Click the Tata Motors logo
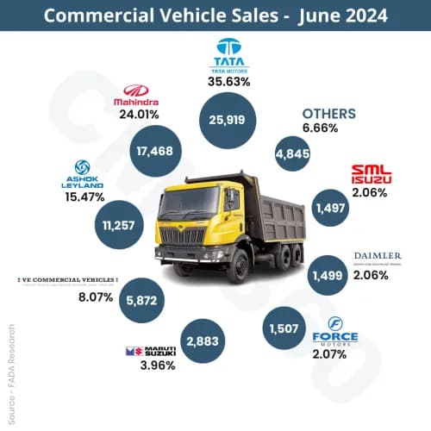[229, 53]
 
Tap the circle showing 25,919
[229, 119]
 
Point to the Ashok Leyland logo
[84, 173]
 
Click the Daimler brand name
[378, 257]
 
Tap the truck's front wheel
[236, 267]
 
